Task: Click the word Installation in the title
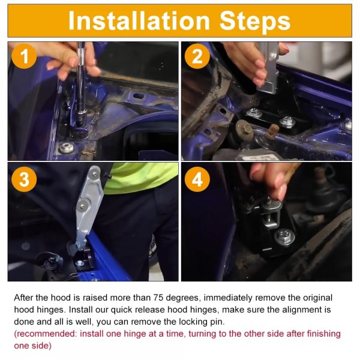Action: (139, 20)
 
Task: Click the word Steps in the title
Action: (255, 22)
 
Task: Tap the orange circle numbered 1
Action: (24, 56)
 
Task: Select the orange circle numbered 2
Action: (197, 56)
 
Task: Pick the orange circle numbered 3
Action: (24, 179)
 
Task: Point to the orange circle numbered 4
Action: (197, 179)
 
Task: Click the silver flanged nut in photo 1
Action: (67, 148)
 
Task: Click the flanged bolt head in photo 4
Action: (284, 237)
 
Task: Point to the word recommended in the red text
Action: (46, 334)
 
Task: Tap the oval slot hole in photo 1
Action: (139, 96)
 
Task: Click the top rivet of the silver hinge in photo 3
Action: (95, 174)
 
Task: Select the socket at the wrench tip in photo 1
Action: (80, 118)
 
